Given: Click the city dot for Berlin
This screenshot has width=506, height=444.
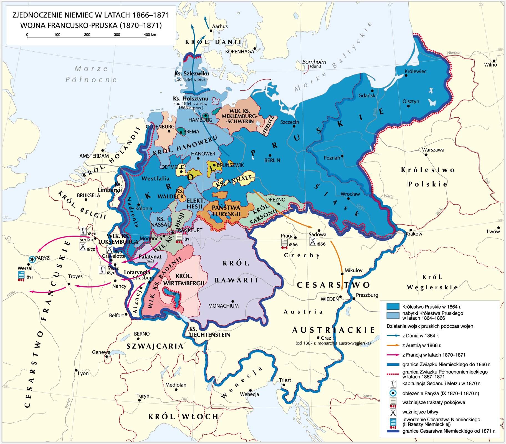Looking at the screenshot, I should pos(270,155).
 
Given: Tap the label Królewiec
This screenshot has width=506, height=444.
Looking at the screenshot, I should pos(415,71).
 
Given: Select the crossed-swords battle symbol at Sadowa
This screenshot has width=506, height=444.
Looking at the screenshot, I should pos(313,242).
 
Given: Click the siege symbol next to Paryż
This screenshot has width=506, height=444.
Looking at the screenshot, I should pos(32,260).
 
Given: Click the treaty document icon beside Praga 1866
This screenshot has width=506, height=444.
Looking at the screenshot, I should pos(284,243).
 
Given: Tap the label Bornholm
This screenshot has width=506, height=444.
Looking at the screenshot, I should pos(314,62).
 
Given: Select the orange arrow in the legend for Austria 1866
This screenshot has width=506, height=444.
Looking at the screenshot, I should pos(393,345).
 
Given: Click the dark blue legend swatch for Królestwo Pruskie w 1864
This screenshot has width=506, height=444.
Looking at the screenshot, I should pos(393,306).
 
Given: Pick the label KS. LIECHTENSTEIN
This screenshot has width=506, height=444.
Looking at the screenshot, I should pos(209,332).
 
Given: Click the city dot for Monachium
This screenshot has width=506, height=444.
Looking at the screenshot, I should pos(232,301).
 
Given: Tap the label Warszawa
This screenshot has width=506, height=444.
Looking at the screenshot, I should pos(433,150).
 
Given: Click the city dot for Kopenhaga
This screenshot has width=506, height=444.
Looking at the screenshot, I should pos(255,48).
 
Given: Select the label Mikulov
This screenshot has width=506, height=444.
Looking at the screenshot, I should pos(353,270).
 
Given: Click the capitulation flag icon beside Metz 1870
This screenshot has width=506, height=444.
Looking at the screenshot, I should pos(102,269).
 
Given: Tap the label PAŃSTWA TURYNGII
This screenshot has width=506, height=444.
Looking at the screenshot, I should pos(226,211).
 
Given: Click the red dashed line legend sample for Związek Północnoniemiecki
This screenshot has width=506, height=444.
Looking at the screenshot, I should pos(393,374).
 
